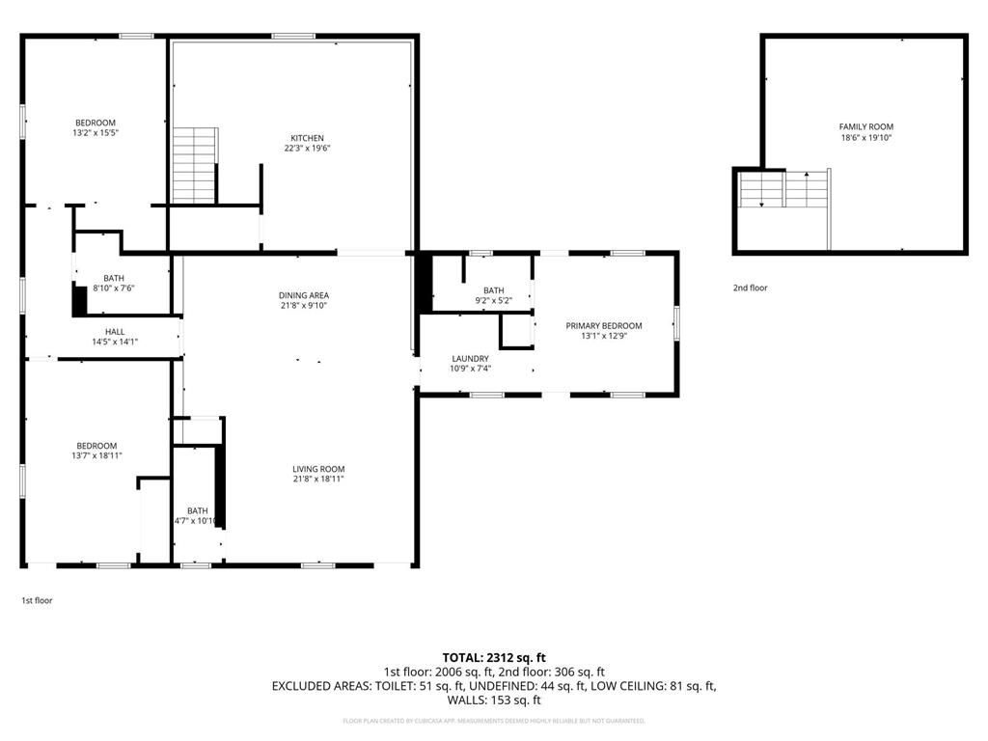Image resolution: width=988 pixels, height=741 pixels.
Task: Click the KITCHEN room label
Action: (308, 138)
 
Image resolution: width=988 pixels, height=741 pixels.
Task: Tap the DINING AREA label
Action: (305, 295)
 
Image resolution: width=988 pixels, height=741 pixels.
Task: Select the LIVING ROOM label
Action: (318, 469)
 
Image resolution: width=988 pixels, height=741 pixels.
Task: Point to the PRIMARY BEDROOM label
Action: (603, 326)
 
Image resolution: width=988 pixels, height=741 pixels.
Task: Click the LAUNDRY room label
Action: (471, 359)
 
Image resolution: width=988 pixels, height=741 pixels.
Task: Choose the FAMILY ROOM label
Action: (865, 126)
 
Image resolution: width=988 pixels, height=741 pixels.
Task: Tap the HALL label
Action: (115, 331)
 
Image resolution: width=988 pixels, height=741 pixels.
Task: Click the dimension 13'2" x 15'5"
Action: (96, 133)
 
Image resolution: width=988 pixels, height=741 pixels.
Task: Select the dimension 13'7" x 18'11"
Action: (96, 455)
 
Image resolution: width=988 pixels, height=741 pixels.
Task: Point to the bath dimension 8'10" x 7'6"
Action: (114, 288)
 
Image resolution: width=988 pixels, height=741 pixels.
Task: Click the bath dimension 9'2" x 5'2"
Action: (493, 300)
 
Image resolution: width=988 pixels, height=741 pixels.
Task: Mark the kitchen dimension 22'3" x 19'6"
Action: (308, 149)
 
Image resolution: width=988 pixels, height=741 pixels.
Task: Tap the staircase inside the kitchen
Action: (195, 165)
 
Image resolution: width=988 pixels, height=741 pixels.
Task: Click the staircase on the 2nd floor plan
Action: (782, 190)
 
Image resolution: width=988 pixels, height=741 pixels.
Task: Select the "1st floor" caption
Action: (37, 600)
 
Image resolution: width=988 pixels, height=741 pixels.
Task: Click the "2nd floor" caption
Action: (750, 288)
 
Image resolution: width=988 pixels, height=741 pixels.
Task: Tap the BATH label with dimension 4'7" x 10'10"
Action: (197, 510)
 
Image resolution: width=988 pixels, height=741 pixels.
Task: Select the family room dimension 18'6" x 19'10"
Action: (865, 138)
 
